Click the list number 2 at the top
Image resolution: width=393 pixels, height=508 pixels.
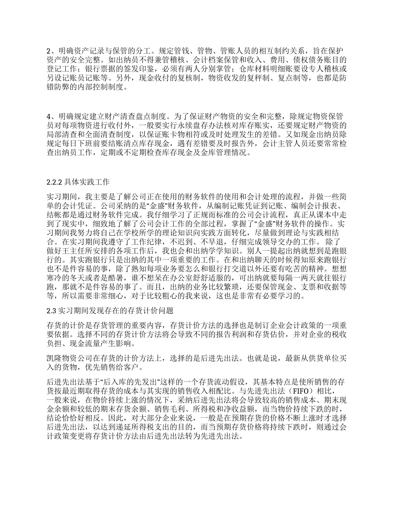coord(48,51)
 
